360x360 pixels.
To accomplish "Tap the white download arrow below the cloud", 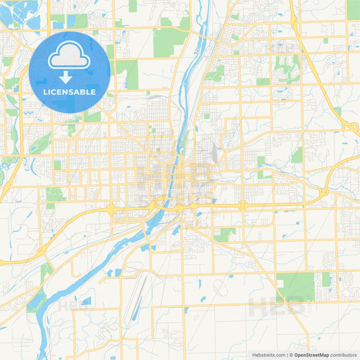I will click(x=70, y=78).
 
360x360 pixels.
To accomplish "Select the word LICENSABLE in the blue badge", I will click(x=70, y=92).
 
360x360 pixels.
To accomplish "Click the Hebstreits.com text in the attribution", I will click(x=267, y=355).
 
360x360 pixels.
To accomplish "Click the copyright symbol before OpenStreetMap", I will click(x=291, y=355).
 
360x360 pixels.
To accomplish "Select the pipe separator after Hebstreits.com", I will click(x=286, y=355).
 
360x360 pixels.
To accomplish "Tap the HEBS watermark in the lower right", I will click(x=277, y=307).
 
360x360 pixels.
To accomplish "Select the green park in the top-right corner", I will click(x=353, y=9).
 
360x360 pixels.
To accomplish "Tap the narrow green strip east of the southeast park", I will click(x=326, y=280).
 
